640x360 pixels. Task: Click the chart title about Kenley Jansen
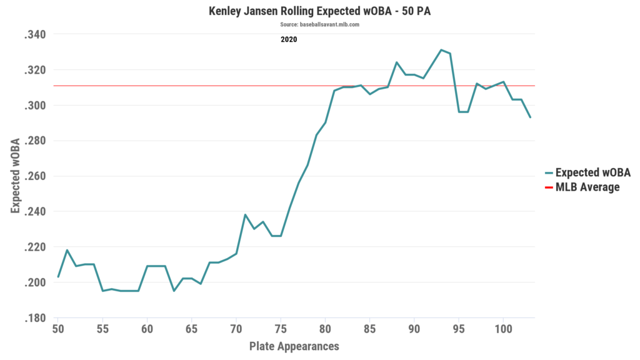click(x=319, y=11)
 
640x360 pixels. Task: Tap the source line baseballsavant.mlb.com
click(x=319, y=24)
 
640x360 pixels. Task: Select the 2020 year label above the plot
click(x=288, y=39)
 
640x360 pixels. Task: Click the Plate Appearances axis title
click(x=294, y=346)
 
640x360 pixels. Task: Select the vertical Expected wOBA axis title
click(x=15, y=177)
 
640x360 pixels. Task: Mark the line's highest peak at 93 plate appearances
click(x=441, y=50)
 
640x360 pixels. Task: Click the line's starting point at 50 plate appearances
click(x=58, y=276)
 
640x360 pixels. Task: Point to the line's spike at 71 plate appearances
click(x=245, y=215)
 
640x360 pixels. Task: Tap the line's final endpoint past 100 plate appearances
click(x=530, y=117)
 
